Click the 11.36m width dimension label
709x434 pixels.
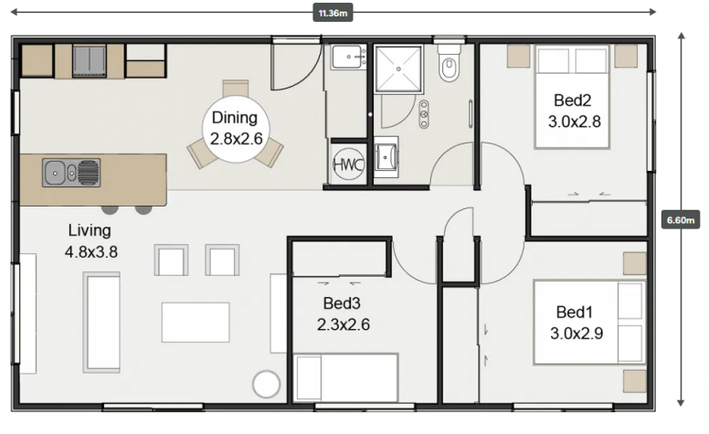[x=333, y=13]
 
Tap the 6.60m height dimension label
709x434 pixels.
[x=680, y=219]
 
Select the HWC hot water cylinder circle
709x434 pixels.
[x=349, y=164]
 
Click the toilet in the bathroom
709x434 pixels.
[x=449, y=64]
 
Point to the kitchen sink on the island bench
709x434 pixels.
[x=71, y=173]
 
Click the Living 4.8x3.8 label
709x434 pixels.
[x=90, y=241]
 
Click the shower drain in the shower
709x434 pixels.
[x=398, y=69]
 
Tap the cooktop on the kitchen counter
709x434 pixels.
[x=90, y=60]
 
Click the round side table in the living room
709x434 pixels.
[x=266, y=384]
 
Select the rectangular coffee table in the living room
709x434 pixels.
[x=196, y=323]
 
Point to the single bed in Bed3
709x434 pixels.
[x=345, y=378]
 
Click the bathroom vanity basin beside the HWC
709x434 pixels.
[x=386, y=157]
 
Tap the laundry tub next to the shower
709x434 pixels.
[x=348, y=57]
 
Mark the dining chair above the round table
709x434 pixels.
[x=236, y=88]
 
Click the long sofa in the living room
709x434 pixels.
[x=101, y=322]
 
